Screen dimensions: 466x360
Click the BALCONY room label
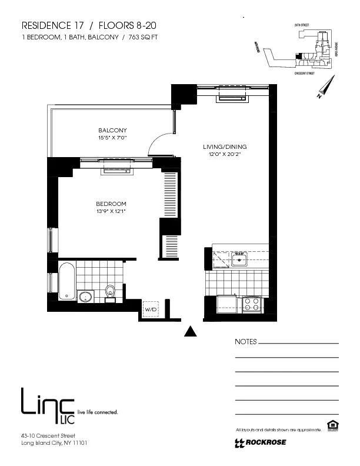(112, 130)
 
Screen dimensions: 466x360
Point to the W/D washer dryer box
(151, 309)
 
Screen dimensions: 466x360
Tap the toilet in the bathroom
(109, 291)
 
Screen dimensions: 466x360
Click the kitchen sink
(238, 258)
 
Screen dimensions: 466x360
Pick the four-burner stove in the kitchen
(252, 304)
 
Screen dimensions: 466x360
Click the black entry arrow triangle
(189, 331)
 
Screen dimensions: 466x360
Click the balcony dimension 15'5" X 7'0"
(112, 138)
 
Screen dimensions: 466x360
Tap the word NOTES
(246, 342)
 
